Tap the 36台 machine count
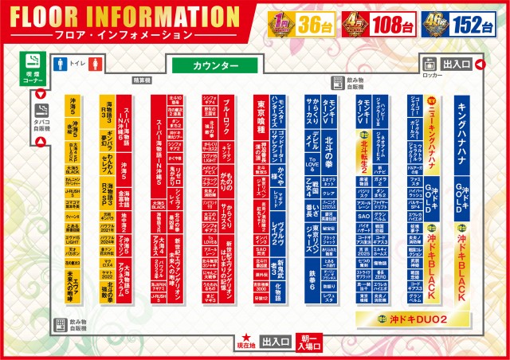pyautogui.click(x=313, y=23)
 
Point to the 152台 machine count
pyautogui.click(x=474, y=23)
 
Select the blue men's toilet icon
pyautogui.click(x=59, y=63)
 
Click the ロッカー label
pyautogui.click(x=433, y=75)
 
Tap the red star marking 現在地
pyautogui.click(x=248, y=338)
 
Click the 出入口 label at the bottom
pyautogui.click(x=274, y=342)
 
